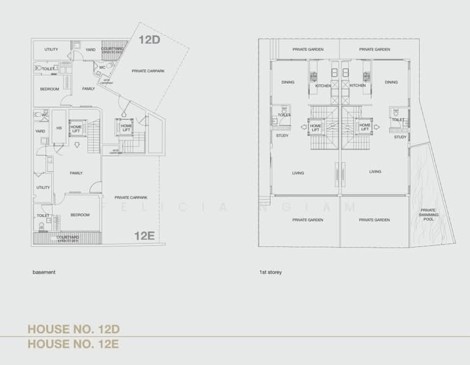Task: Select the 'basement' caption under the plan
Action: pyautogui.click(x=44, y=272)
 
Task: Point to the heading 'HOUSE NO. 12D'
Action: pyautogui.click(x=73, y=330)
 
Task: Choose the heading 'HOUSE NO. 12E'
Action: pyautogui.click(x=73, y=344)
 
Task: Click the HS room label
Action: pyautogui.click(x=59, y=128)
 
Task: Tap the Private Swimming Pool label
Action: pyautogui.click(x=427, y=215)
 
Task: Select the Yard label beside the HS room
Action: pyautogui.click(x=40, y=131)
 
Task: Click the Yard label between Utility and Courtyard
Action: pyautogui.click(x=90, y=49)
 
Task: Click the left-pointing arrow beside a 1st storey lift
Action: pyautogui.click(x=303, y=127)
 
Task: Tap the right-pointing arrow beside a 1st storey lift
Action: pyautogui.click(x=377, y=127)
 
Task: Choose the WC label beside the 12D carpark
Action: pyautogui.click(x=102, y=68)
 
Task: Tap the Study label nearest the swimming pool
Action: pyautogui.click(x=400, y=137)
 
